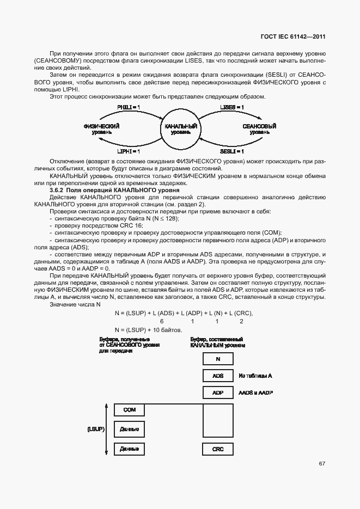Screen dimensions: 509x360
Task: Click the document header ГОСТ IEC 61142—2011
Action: pyautogui.click(x=294, y=38)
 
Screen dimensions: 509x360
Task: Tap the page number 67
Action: pyautogui.click(x=322, y=463)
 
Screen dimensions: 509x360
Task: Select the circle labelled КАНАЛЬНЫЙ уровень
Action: pyautogui.click(x=180, y=130)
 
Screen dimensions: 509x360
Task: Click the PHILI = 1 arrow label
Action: pyautogui.click(x=129, y=108)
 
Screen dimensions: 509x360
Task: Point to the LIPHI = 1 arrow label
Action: pyautogui.click(x=129, y=151)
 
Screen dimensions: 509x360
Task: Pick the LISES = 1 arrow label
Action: pyautogui.click(x=231, y=108)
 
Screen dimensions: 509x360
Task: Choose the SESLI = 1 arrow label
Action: pyautogui.click(x=231, y=151)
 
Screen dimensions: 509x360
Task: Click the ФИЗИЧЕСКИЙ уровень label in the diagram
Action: pyautogui.click(x=102, y=130)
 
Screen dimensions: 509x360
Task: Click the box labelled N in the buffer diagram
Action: pyautogui.click(x=218, y=359)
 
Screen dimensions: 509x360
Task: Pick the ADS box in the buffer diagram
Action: pyautogui.click(x=218, y=376)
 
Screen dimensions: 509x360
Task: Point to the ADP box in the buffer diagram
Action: pyautogui.click(x=218, y=393)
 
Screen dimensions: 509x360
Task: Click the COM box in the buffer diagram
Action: pyautogui.click(x=130, y=410)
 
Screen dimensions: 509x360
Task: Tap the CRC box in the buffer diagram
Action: pyautogui.click(x=218, y=449)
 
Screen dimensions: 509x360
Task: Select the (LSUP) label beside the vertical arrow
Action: pyautogui.click(x=95, y=430)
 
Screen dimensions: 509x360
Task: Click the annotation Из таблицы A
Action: pyautogui.click(x=255, y=376)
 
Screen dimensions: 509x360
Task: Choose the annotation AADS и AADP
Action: pyautogui.click(x=256, y=393)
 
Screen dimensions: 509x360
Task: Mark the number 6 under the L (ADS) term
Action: pyautogui.click(x=162, y=322)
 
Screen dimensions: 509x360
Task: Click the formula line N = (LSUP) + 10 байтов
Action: pyautogui.click(x=148, y=330)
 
